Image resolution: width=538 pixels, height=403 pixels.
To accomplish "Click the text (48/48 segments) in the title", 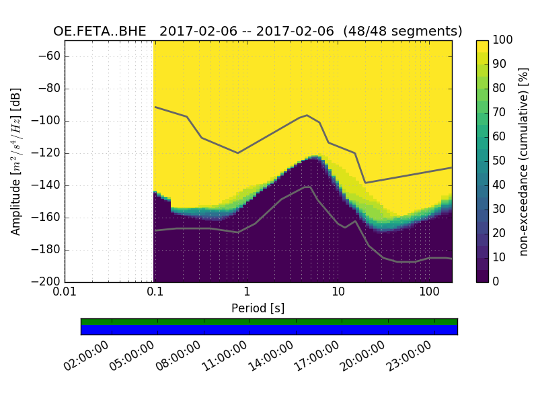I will tap(404, 32).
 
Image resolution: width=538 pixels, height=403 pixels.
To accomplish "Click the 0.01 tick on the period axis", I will tap(65, 293).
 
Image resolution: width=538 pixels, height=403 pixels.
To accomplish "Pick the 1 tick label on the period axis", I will tap(246, 293).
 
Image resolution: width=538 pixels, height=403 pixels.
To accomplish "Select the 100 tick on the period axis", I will tap(428, 293).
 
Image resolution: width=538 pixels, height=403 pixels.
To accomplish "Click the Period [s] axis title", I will tap(258, 308).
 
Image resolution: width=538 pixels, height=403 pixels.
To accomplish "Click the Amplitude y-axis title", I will tap(16, 161).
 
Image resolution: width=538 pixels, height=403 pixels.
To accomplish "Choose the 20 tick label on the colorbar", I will tap(498, 233).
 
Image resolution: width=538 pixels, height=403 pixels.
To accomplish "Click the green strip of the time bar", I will tap(269, 322).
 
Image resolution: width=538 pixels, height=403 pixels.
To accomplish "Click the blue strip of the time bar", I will tap(269, 330).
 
